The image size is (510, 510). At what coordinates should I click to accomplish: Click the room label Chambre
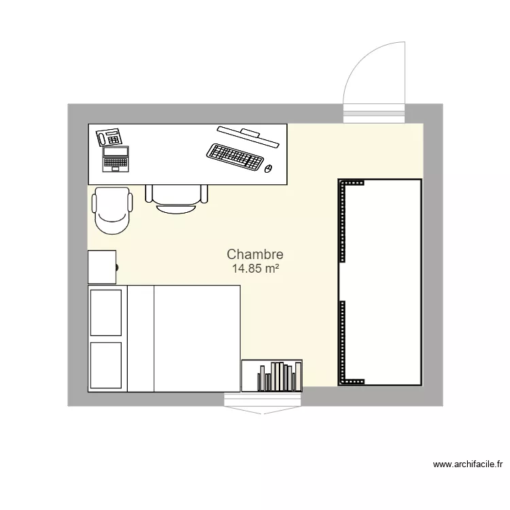click(255, 254)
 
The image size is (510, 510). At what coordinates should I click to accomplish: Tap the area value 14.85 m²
click(255, 269)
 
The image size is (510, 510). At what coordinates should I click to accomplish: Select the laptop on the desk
click(116, 159)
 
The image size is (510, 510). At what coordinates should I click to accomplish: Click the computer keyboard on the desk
click(235, 157)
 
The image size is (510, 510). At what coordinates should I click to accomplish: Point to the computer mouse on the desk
click(268, 168)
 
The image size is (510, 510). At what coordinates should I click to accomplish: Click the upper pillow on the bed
click(106, 312)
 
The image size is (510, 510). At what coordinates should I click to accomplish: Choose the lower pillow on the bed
click(106, 366)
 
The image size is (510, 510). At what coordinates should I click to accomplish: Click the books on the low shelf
click(279, 377)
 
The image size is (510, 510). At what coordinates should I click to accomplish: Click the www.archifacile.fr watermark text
click(467, 465)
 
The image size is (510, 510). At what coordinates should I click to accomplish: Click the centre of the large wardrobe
click(379, 282)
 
